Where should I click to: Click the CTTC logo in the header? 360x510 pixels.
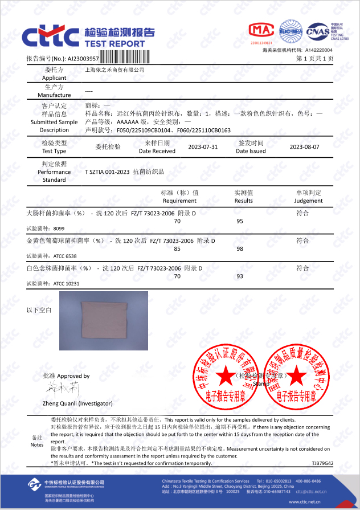click(50, 36)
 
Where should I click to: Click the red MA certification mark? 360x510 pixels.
click(261, 31)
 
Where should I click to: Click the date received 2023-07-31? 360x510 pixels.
click(203, 146)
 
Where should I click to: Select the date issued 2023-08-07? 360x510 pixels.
click(304, 146)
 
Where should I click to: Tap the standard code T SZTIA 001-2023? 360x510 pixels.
click(108, 172)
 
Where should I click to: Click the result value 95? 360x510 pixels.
click(239, 221)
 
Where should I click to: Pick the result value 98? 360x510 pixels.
click(239, 249)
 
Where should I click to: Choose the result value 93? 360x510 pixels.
click(239, 276)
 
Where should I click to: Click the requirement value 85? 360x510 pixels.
click(177, 249)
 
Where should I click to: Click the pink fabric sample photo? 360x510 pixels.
click(103, 320)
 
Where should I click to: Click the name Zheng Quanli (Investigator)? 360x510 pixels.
click(77, 403)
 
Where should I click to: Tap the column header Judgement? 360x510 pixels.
click(308, 201)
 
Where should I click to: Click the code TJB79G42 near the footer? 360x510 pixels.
click(322, 463)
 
